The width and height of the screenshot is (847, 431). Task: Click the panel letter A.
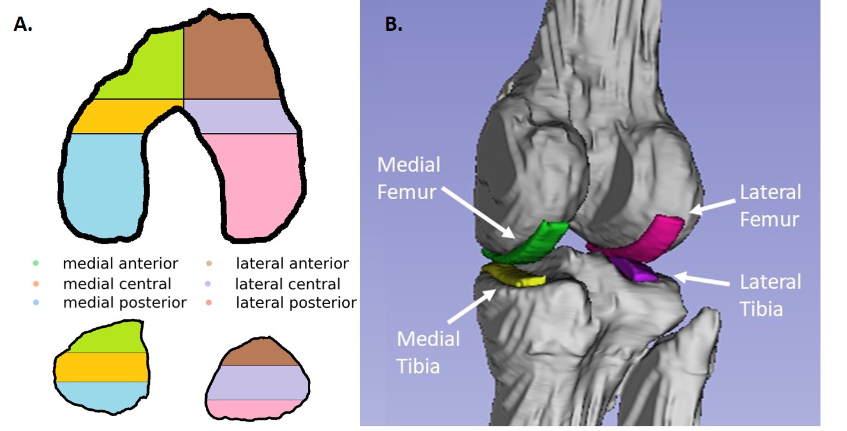[23, 24]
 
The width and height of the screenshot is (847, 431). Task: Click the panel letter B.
[394, 24]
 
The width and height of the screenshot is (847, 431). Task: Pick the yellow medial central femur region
[116, 117]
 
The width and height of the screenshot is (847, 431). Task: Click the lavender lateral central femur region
[243, 117]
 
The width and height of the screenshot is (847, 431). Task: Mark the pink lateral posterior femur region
[261, 184]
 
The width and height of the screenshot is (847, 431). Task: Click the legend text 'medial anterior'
[120, 263]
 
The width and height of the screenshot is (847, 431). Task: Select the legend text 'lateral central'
[288, 284]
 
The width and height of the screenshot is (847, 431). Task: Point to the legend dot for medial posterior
[37, 303]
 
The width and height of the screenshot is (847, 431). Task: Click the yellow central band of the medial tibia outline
[101, 367]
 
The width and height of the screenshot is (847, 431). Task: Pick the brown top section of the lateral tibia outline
[258, 353]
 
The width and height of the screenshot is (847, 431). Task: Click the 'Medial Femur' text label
[409, 178]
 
